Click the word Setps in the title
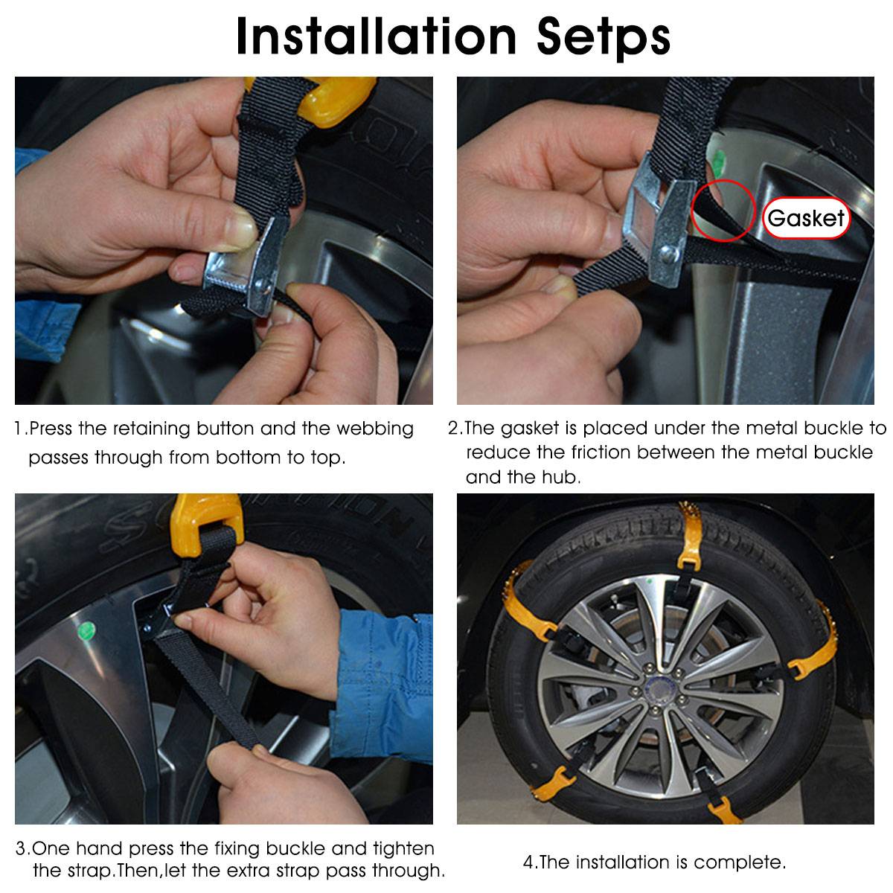coord(603,37)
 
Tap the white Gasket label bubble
coord(806,218)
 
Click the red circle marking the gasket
coord(723,211)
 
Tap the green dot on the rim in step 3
coord(86,630)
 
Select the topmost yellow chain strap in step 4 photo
coord(690,536)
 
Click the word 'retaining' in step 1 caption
coord(152,429)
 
